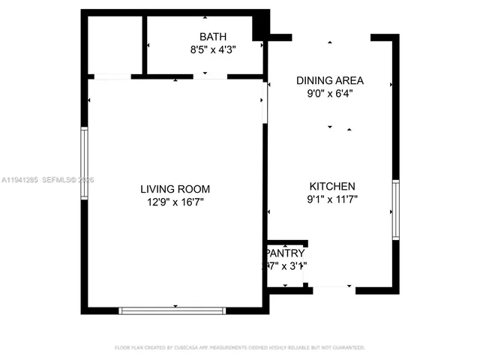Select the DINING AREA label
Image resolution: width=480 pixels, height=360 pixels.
coord(330,80)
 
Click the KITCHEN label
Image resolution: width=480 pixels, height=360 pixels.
coord(332,186)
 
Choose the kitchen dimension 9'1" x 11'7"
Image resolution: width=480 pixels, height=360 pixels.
coord(332,199)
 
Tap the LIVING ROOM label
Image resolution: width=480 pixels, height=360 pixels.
coord(175,189)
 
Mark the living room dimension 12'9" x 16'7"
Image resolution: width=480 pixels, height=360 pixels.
coord(175,202)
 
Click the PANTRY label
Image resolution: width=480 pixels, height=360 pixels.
coord(286,253)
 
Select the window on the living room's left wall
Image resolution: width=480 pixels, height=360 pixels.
coord(85,163)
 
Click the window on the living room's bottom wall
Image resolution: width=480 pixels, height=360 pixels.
coord(172,310)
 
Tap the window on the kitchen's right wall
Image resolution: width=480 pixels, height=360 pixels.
coord(395,209)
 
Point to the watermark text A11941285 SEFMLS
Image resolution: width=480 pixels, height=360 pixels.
coord(48,180)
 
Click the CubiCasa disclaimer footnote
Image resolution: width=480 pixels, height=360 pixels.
coord(239,348)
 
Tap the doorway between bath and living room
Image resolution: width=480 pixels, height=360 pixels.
coord(210,76)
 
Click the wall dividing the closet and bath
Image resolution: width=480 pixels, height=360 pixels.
coord(144,45)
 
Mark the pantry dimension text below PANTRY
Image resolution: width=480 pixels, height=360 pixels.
coord(286,265)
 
